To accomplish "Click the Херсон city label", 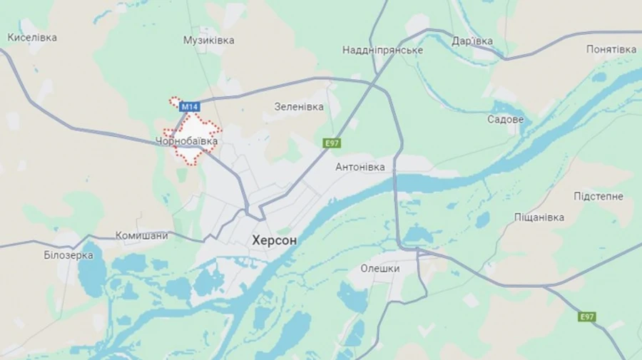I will (x=275, y=241).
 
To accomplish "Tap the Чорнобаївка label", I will (x=186, y=142).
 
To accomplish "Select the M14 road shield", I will (x=188, y=107).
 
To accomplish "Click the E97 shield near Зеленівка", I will (x=332, y=143).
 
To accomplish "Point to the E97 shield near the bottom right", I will (x=587, y=317).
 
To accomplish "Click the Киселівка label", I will (x=32, y=37).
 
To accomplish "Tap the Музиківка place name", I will (x=208, y=40).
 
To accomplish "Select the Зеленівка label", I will (x=299, y=107).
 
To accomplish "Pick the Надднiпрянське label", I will (x=382, y=50).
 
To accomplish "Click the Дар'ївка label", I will (x=472, y=41).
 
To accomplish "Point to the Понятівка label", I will (x=611, y=49).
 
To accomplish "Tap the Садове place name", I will (x=506, y=119).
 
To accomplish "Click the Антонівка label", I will (x=360, y=167).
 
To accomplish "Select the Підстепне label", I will (x=598, y=196).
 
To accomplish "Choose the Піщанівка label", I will (x=539, y=217).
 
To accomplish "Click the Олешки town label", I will (x=379, y=269).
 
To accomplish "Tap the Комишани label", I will (x=142, y=235).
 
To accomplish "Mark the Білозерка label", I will (x=68, y=254).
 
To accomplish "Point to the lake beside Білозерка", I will (x=91, y=278).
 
